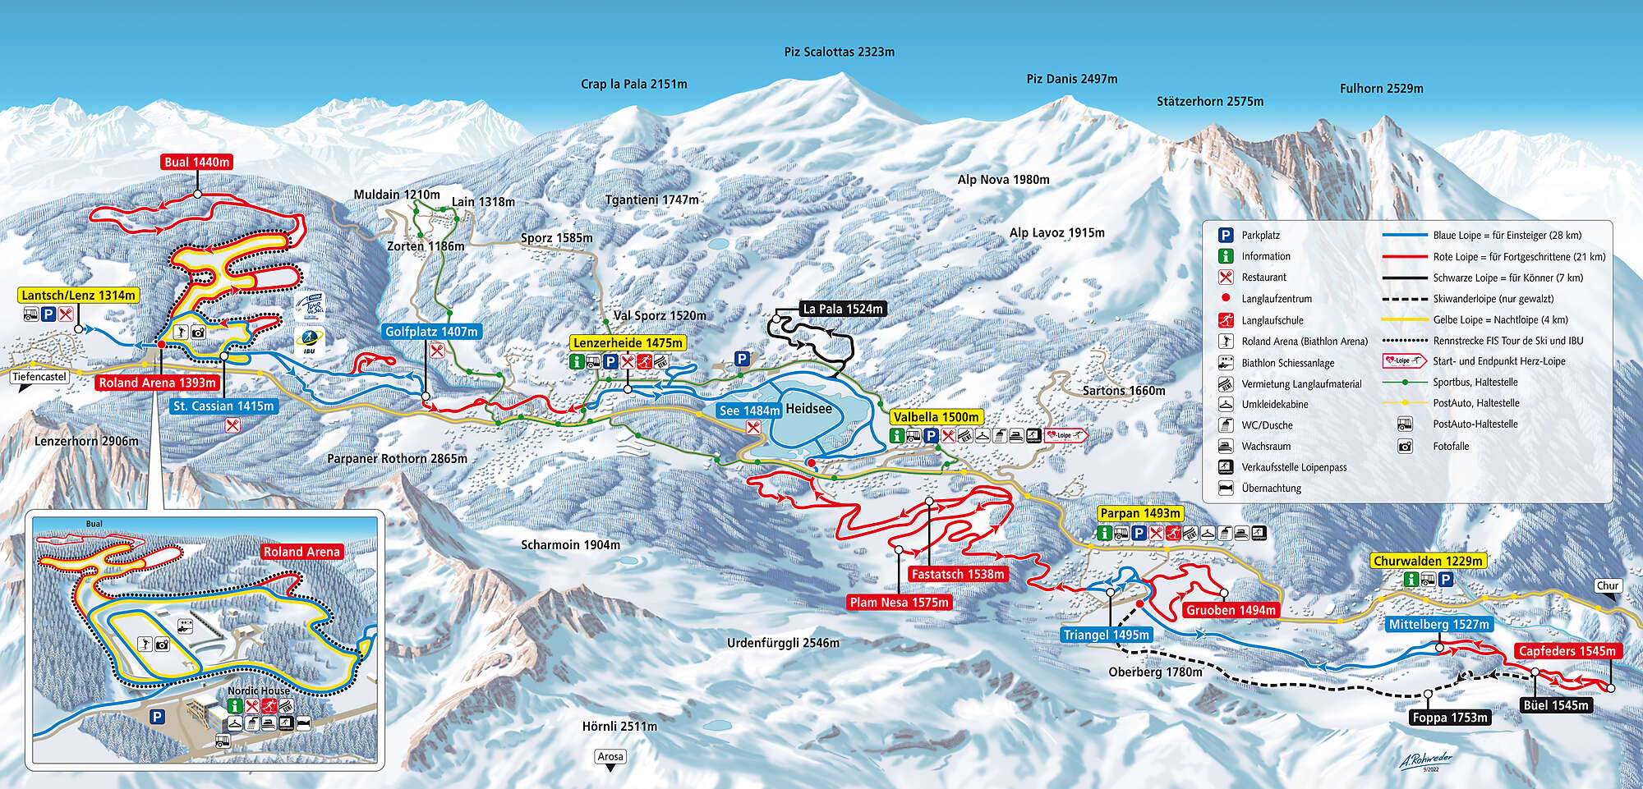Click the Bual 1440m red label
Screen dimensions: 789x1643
196,162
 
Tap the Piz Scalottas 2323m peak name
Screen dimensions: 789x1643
839,52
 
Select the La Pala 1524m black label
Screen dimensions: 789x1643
842,309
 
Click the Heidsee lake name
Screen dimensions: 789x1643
808,409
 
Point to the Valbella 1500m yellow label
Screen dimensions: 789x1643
936,417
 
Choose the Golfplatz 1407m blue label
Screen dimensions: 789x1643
431,332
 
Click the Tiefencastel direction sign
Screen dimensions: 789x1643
39,377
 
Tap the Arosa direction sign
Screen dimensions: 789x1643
610,757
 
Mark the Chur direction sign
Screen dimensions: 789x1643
1608,585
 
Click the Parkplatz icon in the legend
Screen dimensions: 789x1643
1226,235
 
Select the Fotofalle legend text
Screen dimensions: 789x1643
1451,446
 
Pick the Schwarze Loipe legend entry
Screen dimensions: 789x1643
1507,278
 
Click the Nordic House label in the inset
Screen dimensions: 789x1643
259,690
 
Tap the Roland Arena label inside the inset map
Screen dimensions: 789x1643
301,552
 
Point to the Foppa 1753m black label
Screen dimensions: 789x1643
1450,718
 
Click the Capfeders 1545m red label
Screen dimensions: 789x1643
1567,651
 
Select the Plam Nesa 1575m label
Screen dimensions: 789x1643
899,602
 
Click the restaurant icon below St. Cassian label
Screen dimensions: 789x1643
232,425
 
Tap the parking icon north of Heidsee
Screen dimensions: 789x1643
742,359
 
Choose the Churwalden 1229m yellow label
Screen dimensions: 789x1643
1428,561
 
